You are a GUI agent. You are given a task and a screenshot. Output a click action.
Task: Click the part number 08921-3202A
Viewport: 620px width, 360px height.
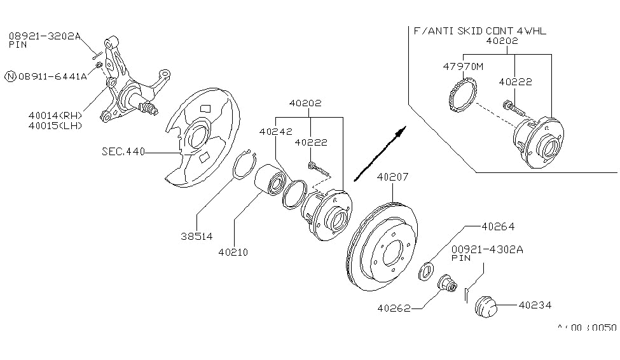[45, 36]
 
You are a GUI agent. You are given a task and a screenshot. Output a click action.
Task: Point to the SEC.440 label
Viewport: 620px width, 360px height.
[123, 152]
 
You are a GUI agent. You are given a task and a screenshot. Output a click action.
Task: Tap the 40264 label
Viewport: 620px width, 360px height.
[498, 225]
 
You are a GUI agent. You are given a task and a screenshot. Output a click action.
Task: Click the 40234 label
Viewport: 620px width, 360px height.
[535, 306]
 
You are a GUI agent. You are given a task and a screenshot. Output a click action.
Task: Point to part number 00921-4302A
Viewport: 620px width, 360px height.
[488, 250]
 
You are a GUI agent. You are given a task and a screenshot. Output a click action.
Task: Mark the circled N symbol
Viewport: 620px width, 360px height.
[10, 77]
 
